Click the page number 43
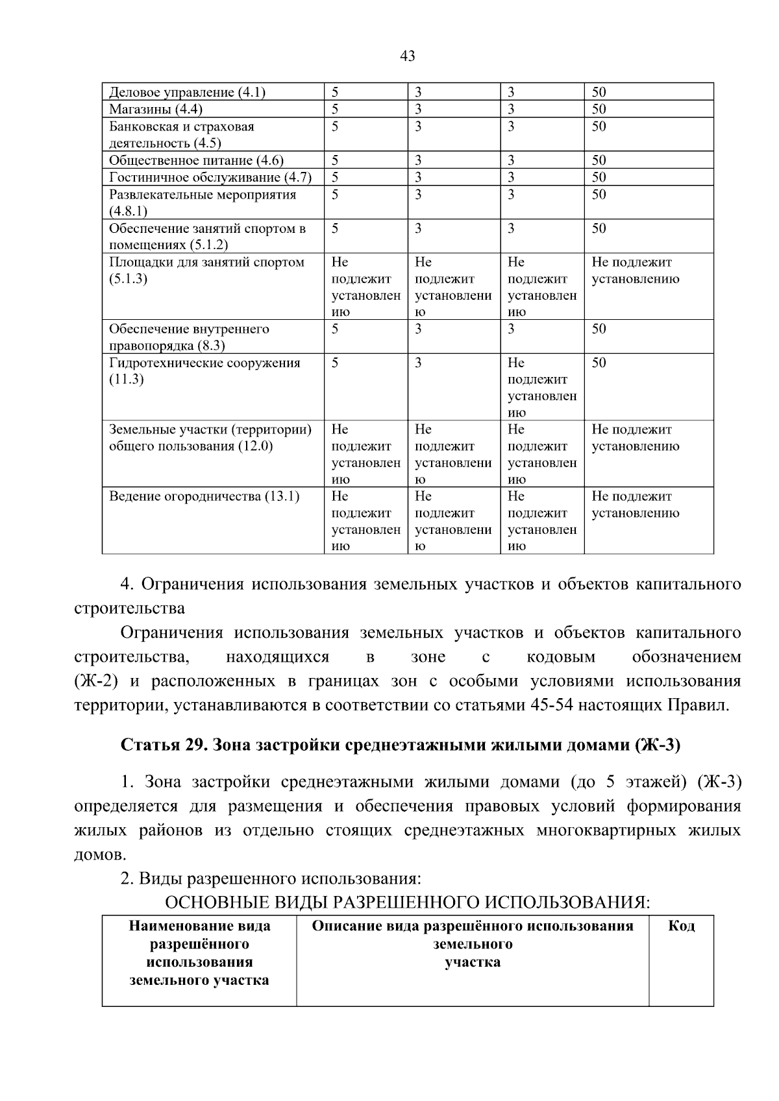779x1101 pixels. tap(408, 56)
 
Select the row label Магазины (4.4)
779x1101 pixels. tap(156, 109)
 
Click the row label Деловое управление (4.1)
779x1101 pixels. tap(187, 92)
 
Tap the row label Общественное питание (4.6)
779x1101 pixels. tap(196, 160)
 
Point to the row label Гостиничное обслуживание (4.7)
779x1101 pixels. tap(210, 177)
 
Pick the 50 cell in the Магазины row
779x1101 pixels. tap(599, 109)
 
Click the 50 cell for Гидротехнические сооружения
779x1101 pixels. tap(599, 363)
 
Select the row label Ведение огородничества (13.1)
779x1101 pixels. tap(204, 497)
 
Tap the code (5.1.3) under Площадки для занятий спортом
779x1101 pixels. tap(128, 279)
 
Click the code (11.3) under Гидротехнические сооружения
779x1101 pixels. tap(126, 380)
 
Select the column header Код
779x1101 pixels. tap(681, 926)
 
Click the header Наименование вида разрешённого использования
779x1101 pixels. tap(199, 952)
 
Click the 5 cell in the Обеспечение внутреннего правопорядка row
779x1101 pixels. tap(335, 329)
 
